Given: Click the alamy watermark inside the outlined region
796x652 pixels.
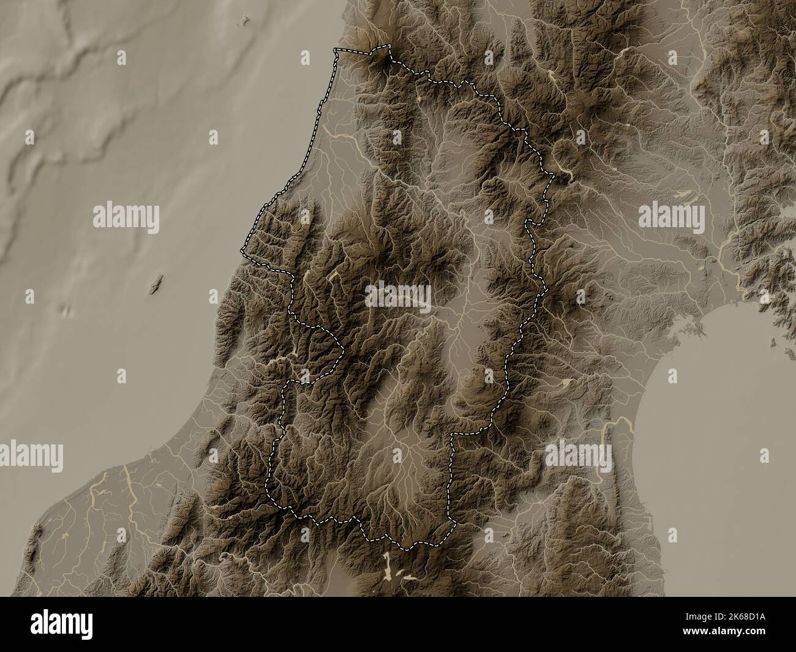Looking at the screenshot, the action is [x=398, y=297].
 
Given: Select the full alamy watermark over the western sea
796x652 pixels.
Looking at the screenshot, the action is [x=126, y=217].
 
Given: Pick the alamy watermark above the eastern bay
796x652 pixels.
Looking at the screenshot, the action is [x=671, y=216].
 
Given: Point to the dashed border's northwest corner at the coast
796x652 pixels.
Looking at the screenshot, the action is [x=334, y=50].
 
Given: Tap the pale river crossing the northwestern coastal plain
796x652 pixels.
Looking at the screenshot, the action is [x=336, y=132].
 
